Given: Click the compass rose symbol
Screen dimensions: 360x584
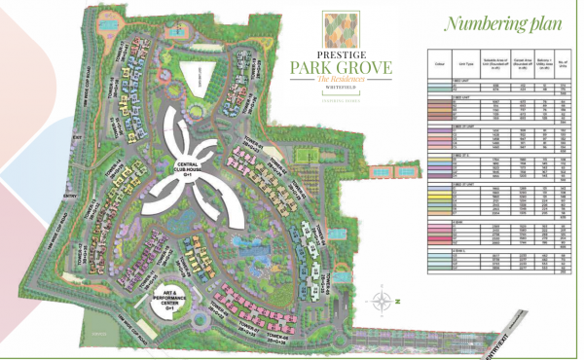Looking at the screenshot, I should pyautogui.click(x=386, y=301).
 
